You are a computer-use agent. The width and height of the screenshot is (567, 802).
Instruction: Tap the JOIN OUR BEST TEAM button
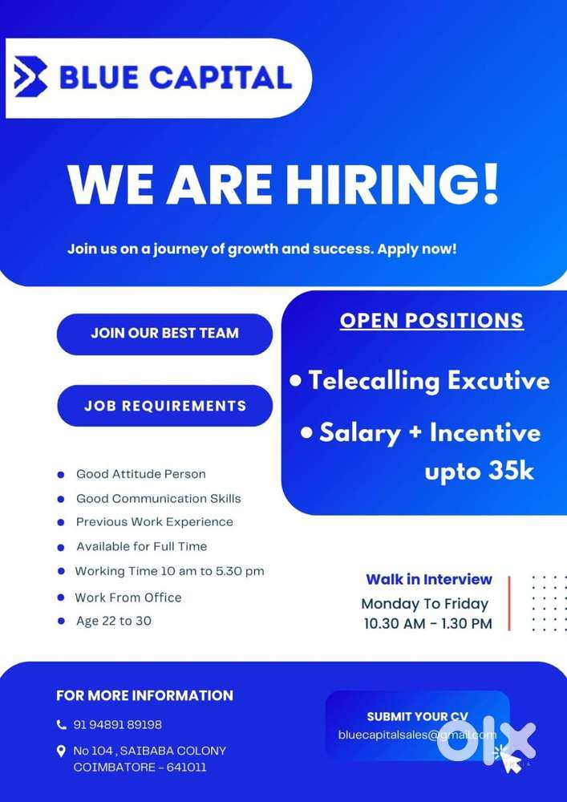click(164, 333)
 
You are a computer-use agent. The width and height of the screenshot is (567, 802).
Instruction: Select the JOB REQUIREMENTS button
click(165, 406)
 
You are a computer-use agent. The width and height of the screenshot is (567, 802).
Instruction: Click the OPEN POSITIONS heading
click(431, 320)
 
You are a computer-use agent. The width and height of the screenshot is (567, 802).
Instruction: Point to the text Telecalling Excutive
click(429, 380)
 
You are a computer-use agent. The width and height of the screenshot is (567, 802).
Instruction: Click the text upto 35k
click(479, 471)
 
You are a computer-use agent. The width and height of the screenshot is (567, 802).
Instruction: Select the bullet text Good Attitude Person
click(141, 474)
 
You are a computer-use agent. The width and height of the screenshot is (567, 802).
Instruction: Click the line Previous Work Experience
click(155, 522)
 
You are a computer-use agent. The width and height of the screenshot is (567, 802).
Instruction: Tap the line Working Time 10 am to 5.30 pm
click(169, 572)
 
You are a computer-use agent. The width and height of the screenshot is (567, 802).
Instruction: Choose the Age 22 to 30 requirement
click(113, 621)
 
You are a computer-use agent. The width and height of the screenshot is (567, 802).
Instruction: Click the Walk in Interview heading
click(429, 579)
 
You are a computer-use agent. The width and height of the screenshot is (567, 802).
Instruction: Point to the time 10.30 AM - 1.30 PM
click(427, 623)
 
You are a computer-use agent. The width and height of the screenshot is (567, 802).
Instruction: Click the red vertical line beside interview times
click(508, 602)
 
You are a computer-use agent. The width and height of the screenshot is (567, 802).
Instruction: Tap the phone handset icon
click(62, 725)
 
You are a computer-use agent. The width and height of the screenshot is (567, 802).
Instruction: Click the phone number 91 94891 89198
click(118, 725)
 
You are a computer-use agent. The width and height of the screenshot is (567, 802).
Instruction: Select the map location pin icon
click(62, 751)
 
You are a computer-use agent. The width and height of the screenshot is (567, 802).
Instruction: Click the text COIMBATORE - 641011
click(140, 768)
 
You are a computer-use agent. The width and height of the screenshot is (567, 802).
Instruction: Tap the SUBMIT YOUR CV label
click(417, 717)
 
